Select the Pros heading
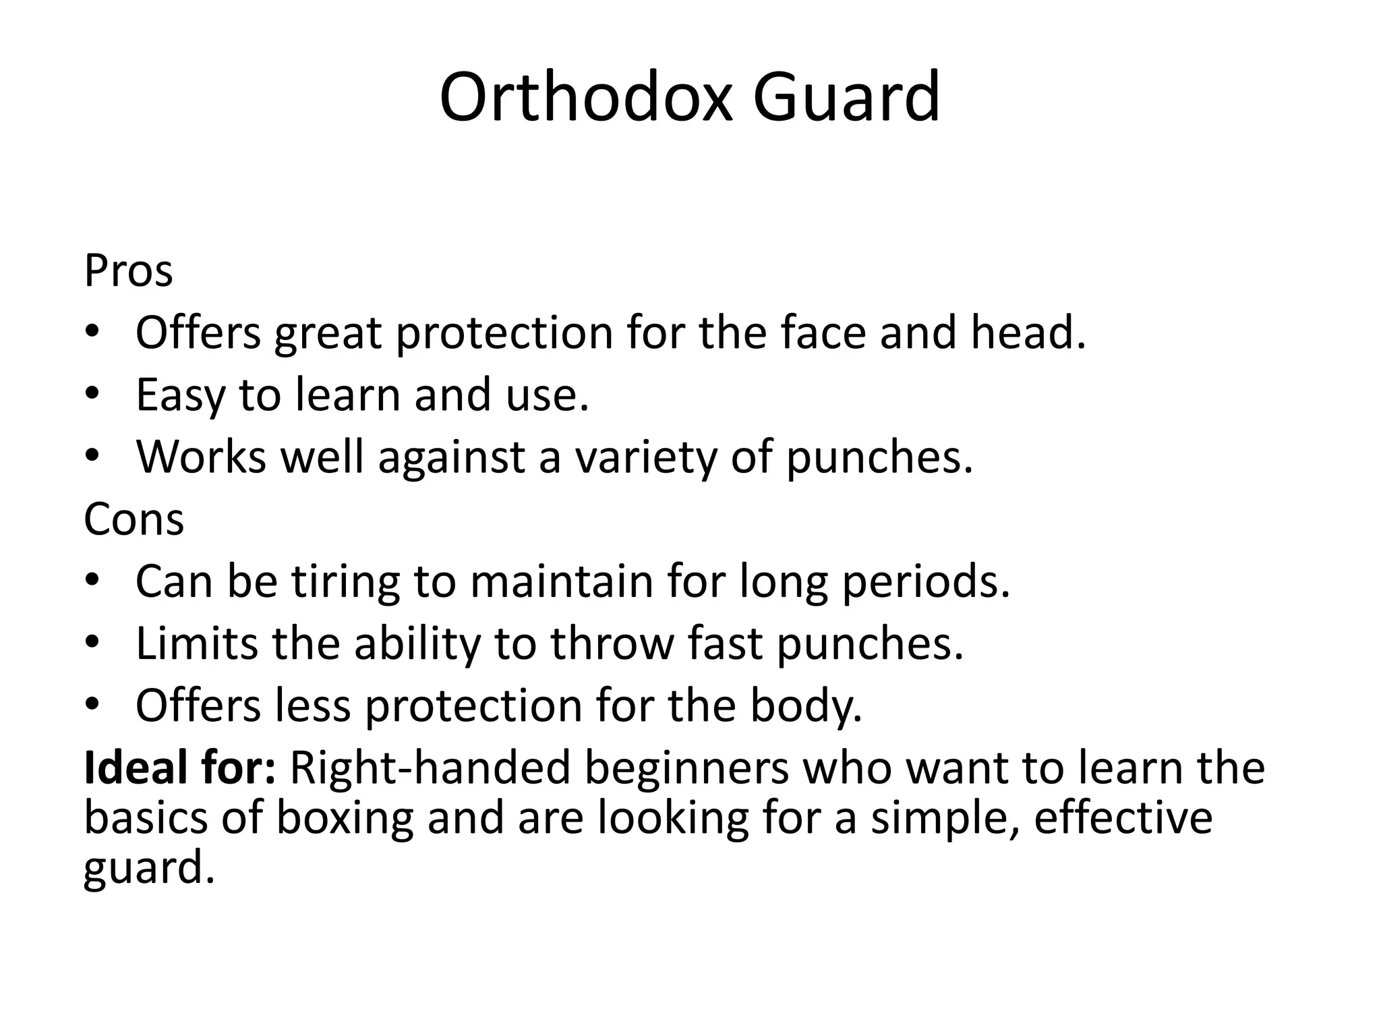128,271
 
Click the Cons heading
134,520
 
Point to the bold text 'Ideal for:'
179,768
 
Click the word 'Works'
201,458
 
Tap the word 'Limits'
197,644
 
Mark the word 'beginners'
686,768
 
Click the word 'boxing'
345,817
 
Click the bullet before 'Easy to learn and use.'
92,393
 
